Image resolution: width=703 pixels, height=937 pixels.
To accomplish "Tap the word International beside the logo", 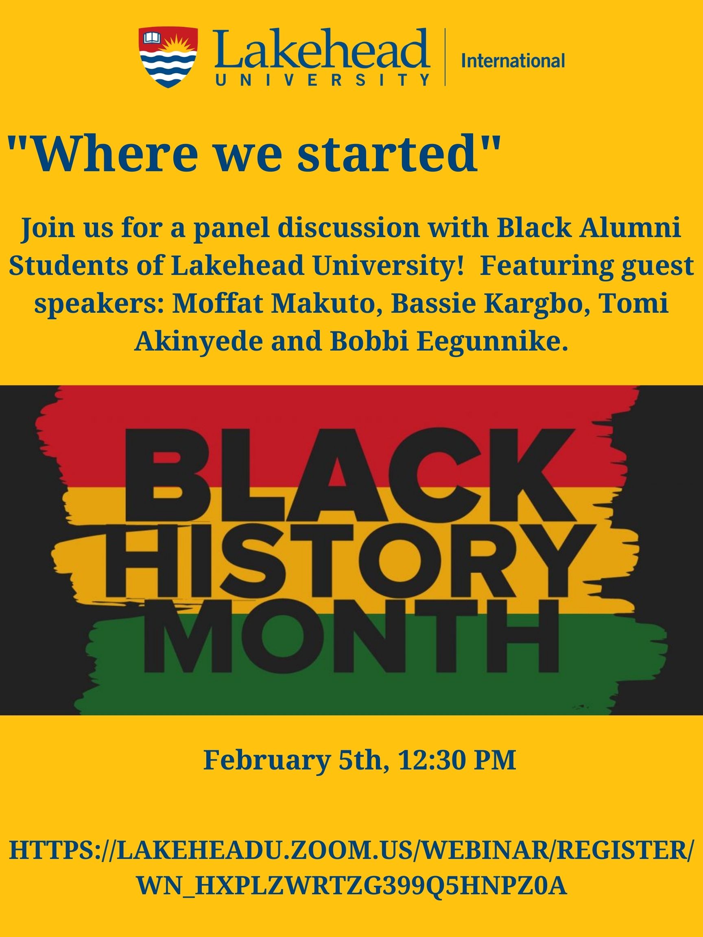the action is pos(513,61).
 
